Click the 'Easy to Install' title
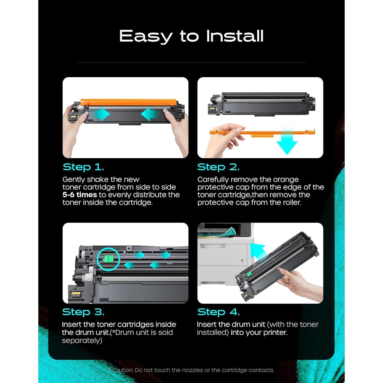[191, 36]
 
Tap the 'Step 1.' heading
[83, 167]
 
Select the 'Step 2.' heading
[218, 167]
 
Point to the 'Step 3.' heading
[83, 312]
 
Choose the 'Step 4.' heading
[218, 312]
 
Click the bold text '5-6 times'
[80, 195]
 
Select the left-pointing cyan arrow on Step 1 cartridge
[150, 114]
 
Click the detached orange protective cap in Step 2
[263, 132]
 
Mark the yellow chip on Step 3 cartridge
[76, 294]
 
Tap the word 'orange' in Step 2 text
[285, 179]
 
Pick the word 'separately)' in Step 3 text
[82, 341]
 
